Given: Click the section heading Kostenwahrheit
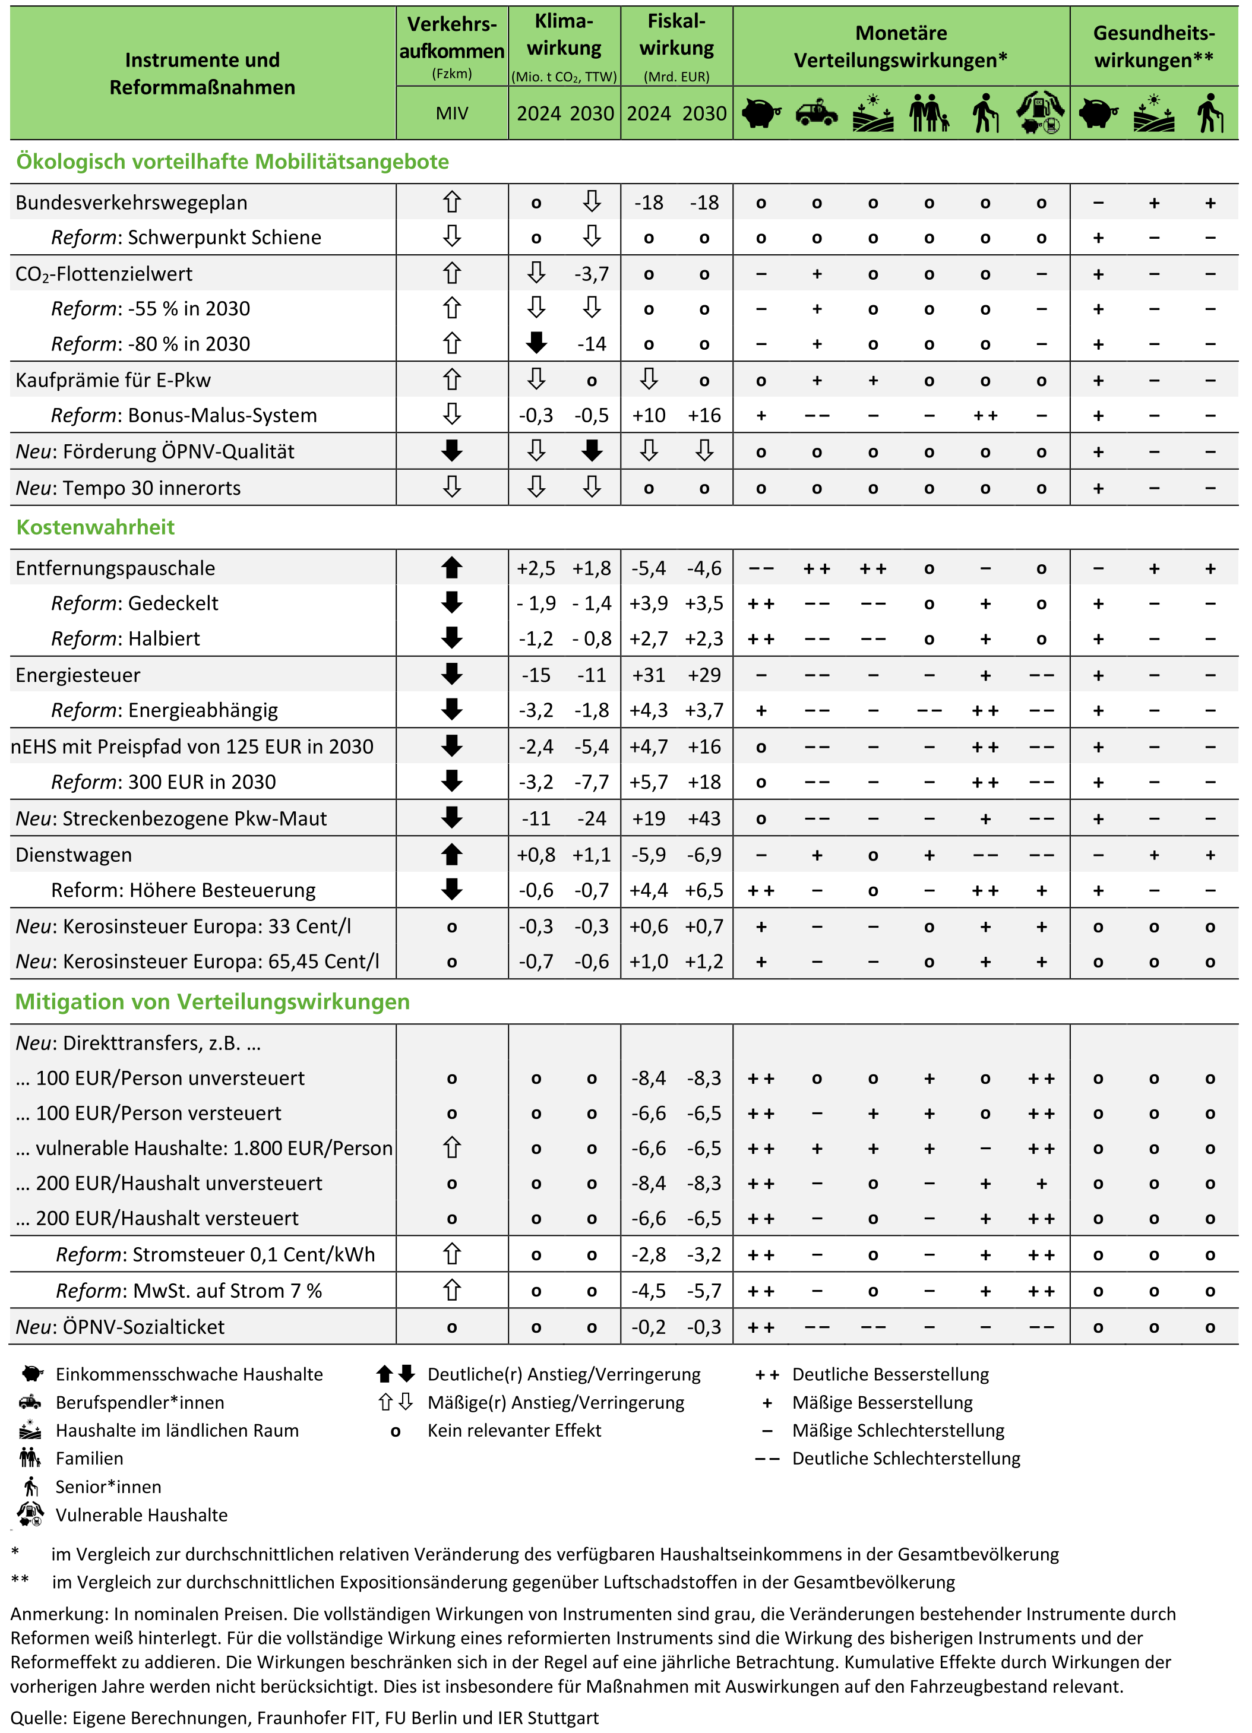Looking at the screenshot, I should click(96, 527).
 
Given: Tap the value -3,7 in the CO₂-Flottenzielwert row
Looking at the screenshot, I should click(592, 274).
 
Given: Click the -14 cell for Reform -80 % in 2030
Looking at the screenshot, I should click(592, 344).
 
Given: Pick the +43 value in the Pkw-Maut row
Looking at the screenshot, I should click(703, 818).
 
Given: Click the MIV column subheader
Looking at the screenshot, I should click(452, 113).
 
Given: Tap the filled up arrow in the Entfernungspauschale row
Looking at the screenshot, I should click(452, 568).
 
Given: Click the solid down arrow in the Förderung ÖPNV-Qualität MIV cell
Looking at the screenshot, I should click(452, 451).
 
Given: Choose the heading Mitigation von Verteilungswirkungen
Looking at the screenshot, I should click(213, 1002).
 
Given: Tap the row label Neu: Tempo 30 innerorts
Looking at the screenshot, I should click(128, 488).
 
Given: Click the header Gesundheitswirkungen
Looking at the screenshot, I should click(1153, 46).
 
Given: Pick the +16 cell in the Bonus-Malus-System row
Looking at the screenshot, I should click(703, 415).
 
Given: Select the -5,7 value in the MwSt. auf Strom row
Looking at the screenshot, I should click(703, 1291).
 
